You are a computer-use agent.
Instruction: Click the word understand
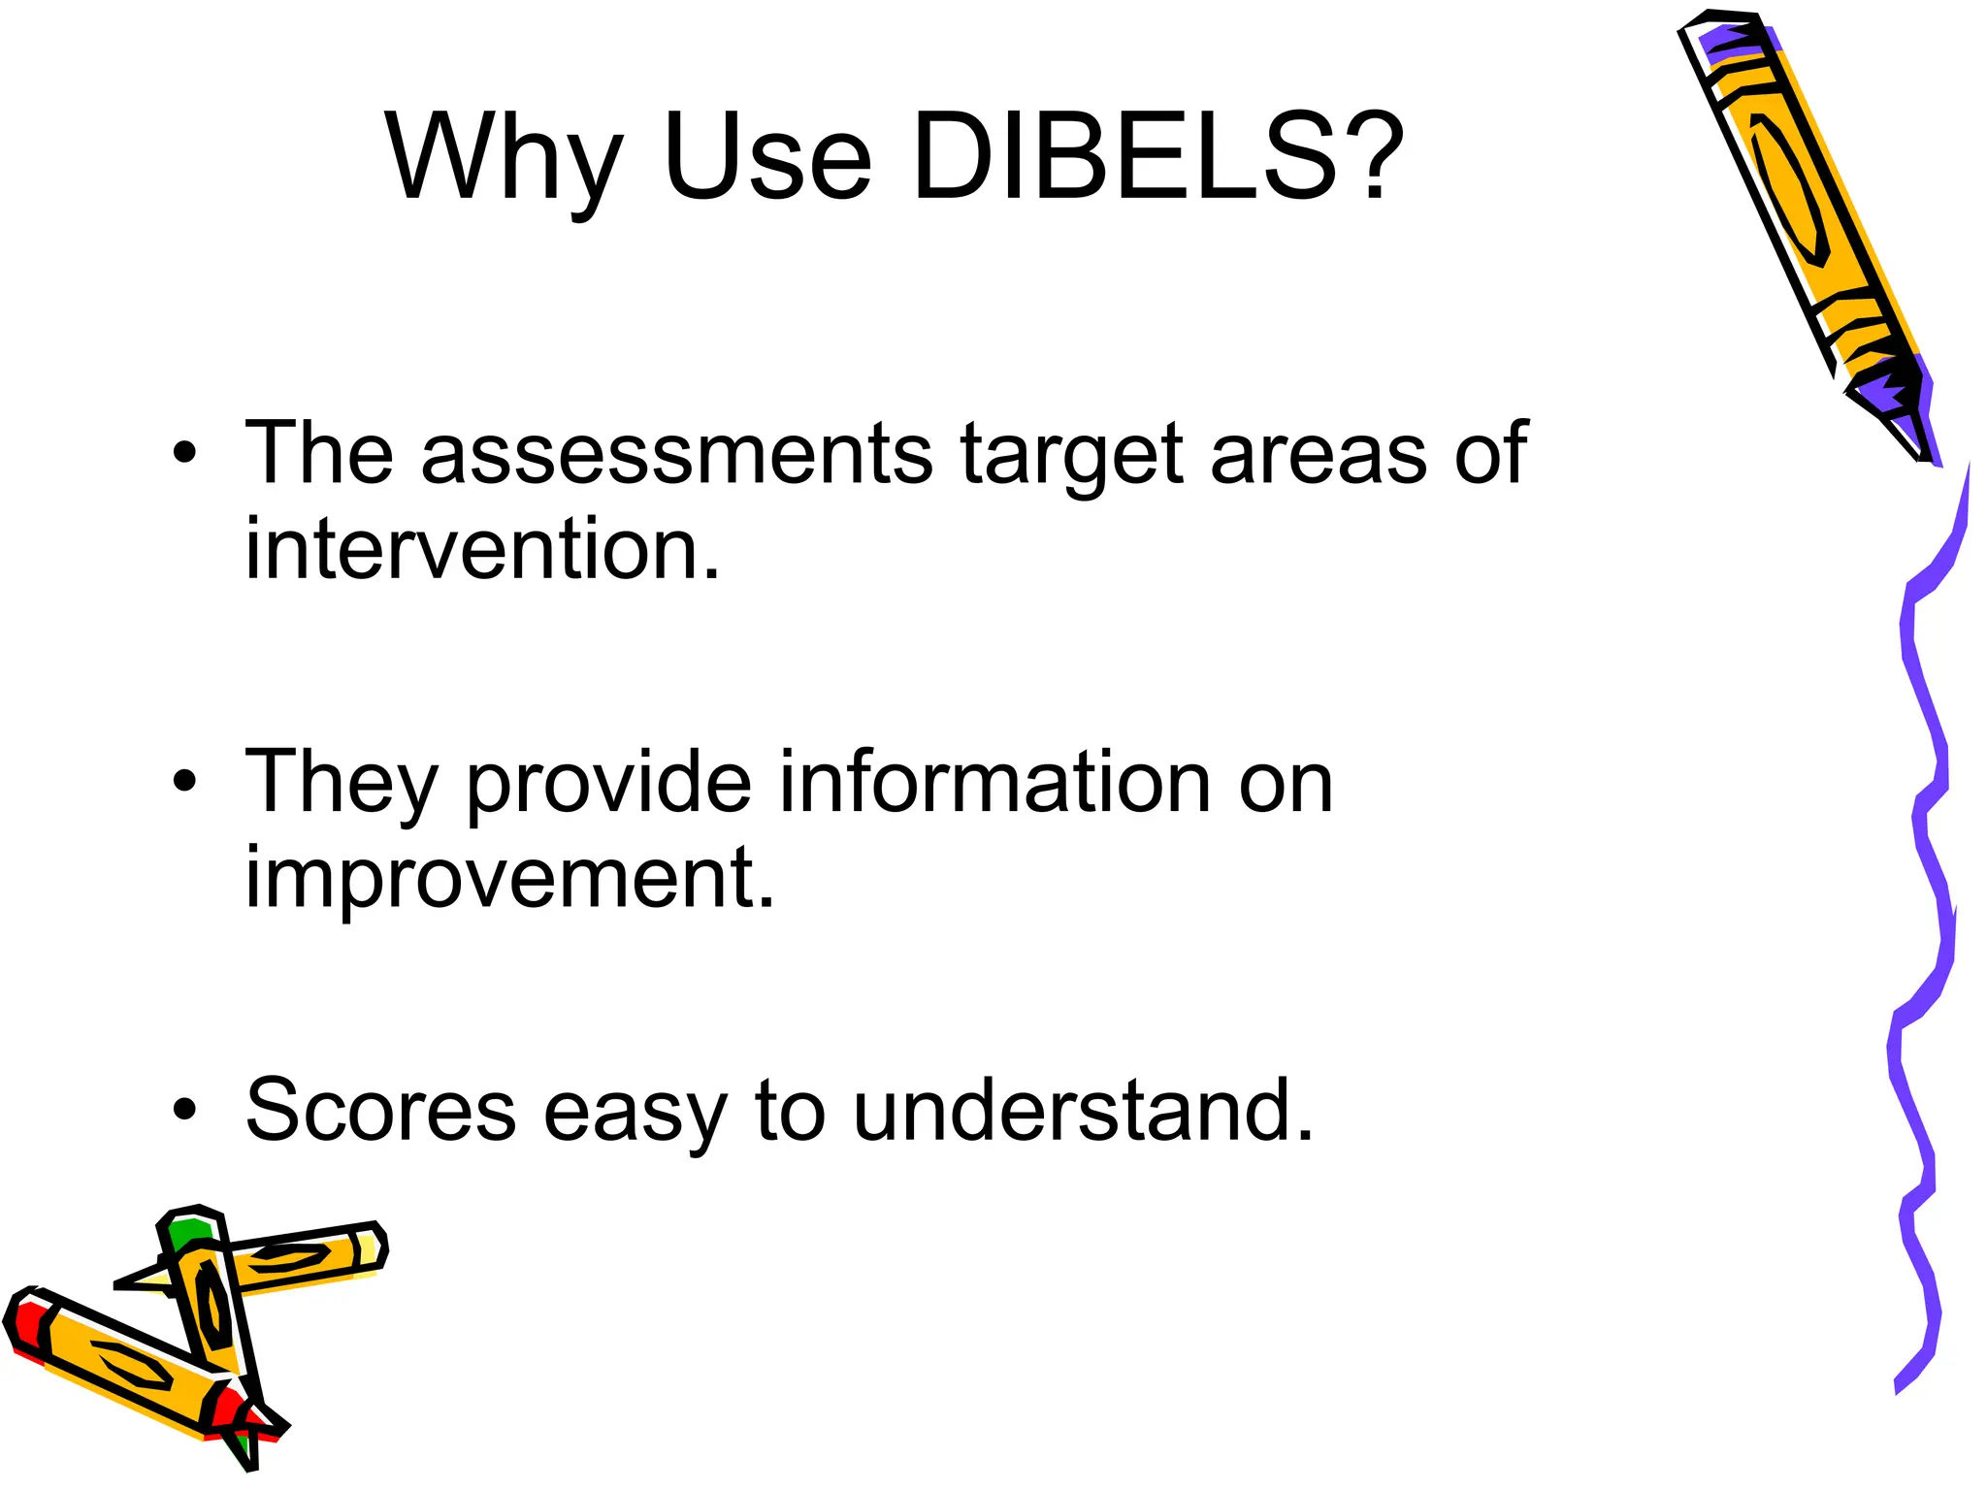click(1083, 1110)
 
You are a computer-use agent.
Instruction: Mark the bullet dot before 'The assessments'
click(184, 453)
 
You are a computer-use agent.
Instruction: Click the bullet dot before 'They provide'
click(184, 781)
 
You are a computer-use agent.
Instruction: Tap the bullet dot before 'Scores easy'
click(184, 1109)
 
